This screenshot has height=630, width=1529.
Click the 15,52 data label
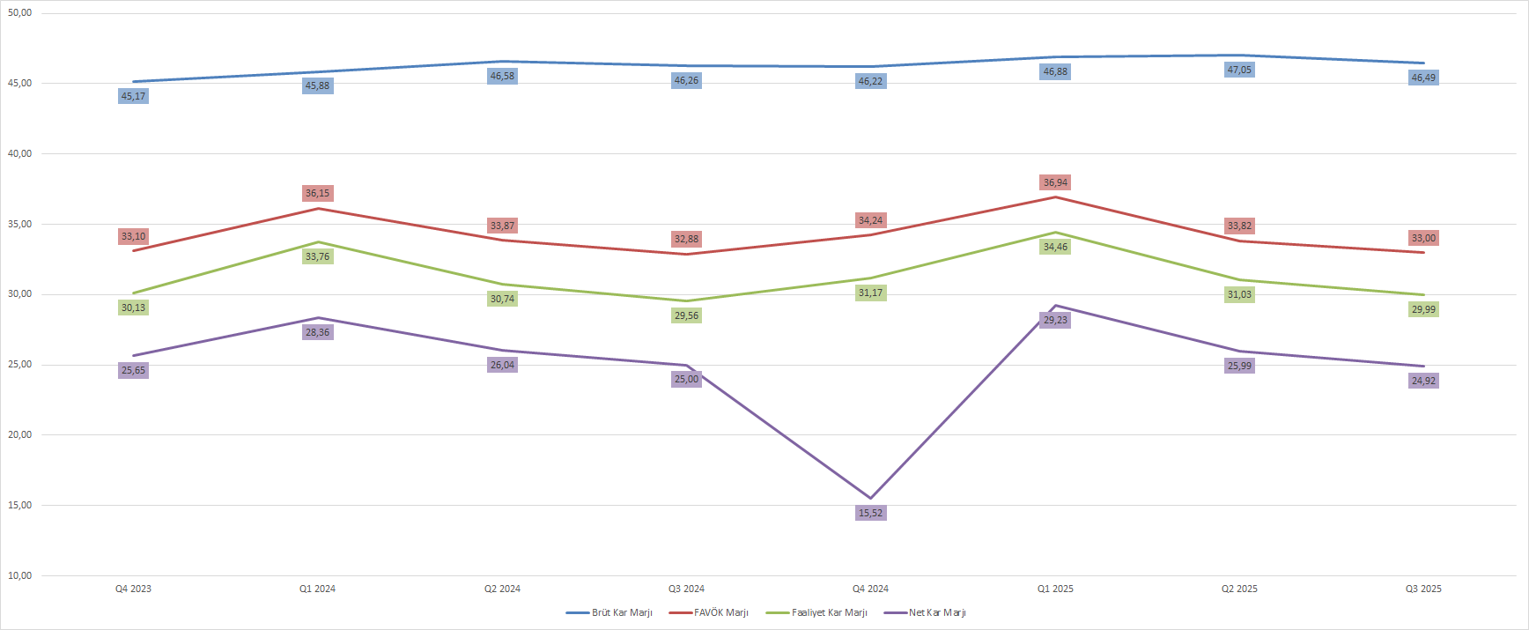click(x=870, y=513)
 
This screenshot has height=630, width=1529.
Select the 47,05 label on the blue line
click(x=1239, y=70)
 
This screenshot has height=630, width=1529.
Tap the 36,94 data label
click(x=1055, y=182)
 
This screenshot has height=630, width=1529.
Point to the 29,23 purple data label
click(x=1055, y=320)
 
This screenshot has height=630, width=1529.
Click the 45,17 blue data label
click(x=133, y=96)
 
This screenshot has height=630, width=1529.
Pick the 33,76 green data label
click(x=317, y=256)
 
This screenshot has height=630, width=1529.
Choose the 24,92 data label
click(x=1423, y=381)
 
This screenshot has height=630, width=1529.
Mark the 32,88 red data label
click(x=686, y=239)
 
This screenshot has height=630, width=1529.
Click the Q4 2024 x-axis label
click(x=870, y=589)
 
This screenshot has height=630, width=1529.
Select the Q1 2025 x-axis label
click(x=1055, y=589)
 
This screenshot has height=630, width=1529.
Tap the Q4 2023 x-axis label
click(x=133, y=589)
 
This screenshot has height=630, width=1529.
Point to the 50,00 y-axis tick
click(x=19, y=13)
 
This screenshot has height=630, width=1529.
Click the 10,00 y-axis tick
click(x=19, y=575)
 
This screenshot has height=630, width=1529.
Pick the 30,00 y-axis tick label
click(x=19, y=294)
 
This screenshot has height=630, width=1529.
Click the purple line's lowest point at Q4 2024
click(x=870, y=498)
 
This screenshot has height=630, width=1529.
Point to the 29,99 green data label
click(x=1423, y=309)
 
